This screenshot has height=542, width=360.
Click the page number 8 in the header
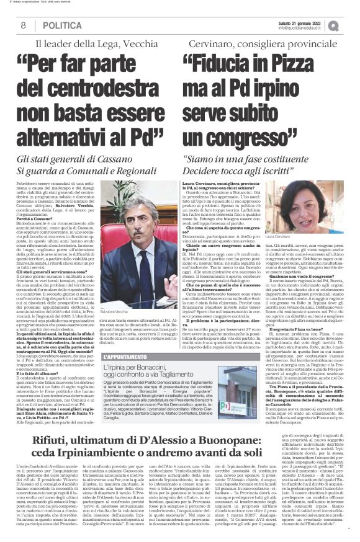click(x=23, y=26)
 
